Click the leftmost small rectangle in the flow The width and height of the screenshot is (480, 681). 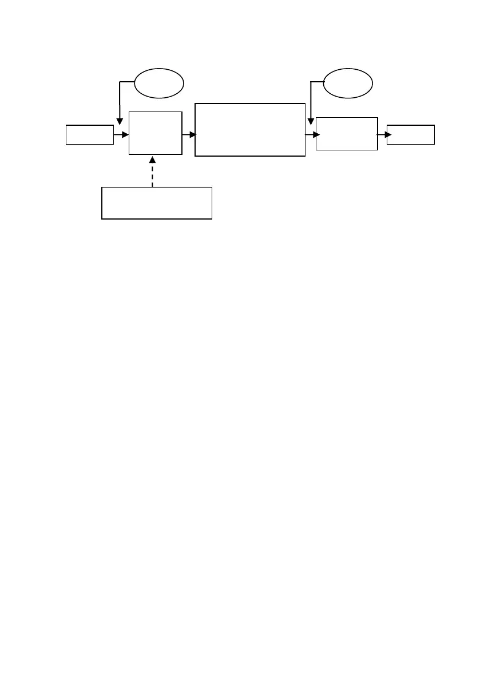click(x=89, y=134)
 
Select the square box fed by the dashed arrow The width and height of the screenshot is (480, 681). click(x=156, y=133)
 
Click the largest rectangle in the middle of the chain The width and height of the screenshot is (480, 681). click(x=249, y=130)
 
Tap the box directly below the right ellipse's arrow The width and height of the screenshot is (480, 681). click(x=347, y=134)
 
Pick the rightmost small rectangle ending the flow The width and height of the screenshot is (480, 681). click(x=410, y=134)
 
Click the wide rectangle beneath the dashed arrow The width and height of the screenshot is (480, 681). click(x=157, y=202)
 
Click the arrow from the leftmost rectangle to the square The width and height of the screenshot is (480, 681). click(x=121, y=135)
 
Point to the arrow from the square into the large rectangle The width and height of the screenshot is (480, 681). click(x=189, y=135)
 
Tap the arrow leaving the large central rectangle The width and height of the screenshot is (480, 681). click(x=312, y=135)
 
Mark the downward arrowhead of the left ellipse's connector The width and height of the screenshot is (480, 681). click(x=119, y=121)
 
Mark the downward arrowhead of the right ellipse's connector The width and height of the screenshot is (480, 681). click(x=310, y=121)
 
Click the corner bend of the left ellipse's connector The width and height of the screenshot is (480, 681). click(x=119, y=82)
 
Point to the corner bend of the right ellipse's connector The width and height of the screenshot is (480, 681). click(x=310, y=82)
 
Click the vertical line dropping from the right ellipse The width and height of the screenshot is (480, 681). click(x=310, y=100)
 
